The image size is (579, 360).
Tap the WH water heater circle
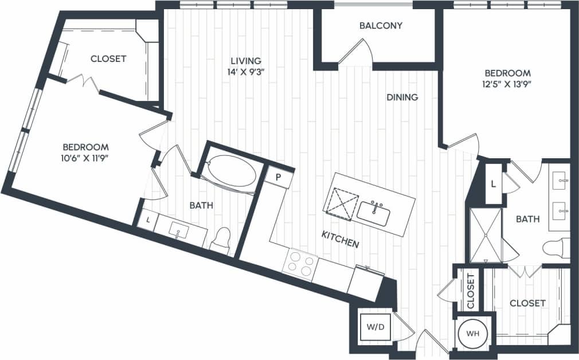[x=472, y=332]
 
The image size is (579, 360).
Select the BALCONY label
[x=381, y=26]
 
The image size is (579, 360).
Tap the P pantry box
[x=277, y=177]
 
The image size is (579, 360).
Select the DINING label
[x=402, y=97]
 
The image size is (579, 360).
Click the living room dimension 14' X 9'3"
[x=246, y=72]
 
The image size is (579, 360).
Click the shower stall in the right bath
[x=485, y=234]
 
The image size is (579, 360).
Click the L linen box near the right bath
[x=493, y=183]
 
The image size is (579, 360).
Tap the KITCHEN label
[x=340, y=240]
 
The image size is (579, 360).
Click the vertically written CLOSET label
[x=471, y=291]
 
